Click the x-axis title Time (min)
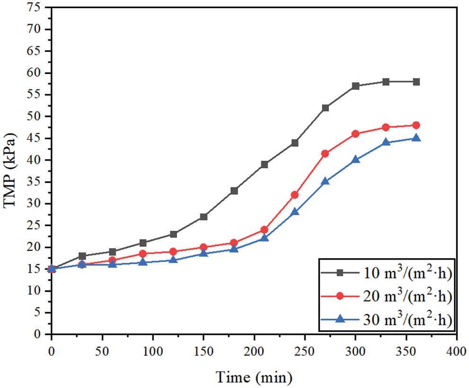(254, 378)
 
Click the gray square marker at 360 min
(416, 82)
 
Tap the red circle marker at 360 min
(416, 125)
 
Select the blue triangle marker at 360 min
(416, 138)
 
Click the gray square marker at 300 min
(355, 86)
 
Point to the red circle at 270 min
(325, 153)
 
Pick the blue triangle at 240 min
(295, 212)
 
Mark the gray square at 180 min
(234, 190)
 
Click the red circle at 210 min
(264, 230)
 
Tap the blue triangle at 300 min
(355, 160)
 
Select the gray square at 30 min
(82, 256)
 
